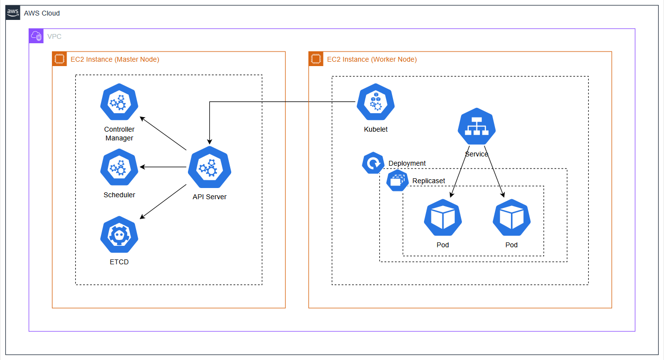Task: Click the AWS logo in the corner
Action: (x=13, y=13)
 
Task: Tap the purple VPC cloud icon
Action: (x=36, y=36)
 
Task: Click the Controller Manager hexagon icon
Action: (x=119, y=102)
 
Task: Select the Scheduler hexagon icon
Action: (x=119, y=168)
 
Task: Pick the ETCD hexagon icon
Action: (x=119, y=235)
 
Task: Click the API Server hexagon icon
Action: (x=209, y=167)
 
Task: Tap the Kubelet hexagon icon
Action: (x=375, y=102)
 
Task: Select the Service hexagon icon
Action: (x=477, y=127)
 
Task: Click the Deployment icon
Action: (x=373, y=163)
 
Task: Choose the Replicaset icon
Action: (x=397, y=180)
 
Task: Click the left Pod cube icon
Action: (x=443, y=218)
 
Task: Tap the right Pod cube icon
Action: (x=511, y=218)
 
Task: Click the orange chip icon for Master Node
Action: (x=59, y=59)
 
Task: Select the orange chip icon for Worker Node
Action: (x=316, y=59)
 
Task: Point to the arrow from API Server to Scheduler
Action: (x=163, y=167)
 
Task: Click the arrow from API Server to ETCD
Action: (x=163, y=202)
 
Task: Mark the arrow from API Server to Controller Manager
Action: (x=163, y=133)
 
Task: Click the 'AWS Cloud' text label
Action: (x=42, y=13)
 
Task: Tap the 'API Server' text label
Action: (x=209, y=197)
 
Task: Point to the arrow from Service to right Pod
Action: (x=494, y=171)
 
